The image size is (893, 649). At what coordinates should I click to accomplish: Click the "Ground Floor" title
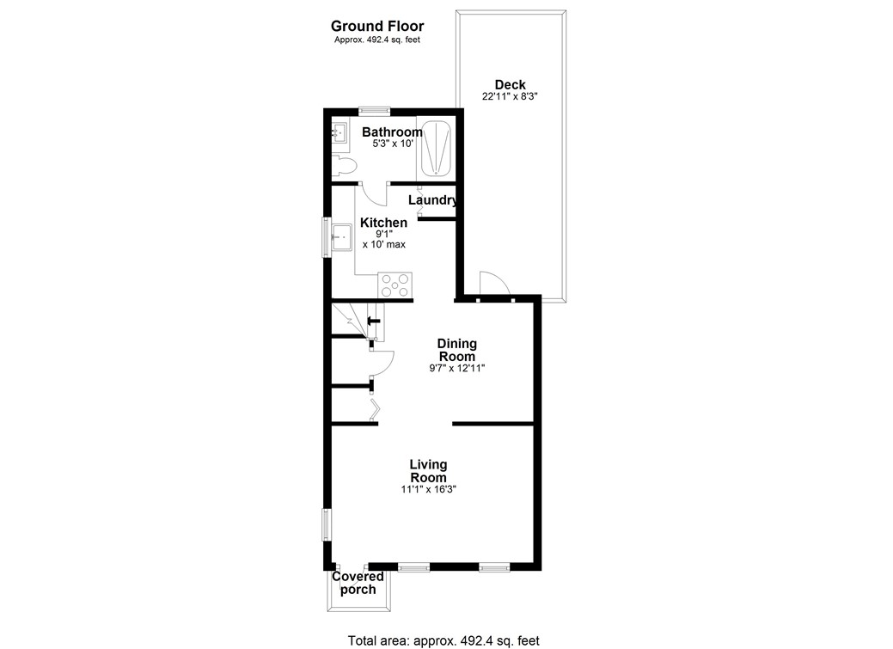[x=376, y=27]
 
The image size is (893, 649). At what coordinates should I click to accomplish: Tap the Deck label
[x=510, y=84]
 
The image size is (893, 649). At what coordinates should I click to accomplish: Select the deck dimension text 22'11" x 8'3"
[x=510, y=97]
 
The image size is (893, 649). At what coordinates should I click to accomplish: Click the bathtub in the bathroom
[x=437, y=148]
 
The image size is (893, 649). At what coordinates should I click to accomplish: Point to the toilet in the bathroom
[x=344, y=163]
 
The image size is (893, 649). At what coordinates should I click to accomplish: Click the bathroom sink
[x=339, y=133]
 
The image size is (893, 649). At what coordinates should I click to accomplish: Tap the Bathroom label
[x=391, y=132]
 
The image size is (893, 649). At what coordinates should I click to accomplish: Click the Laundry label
[x=431, y=200]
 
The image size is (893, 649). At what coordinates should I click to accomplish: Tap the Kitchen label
[x=383, y=223]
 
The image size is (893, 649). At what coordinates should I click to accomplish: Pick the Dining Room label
[x=457, y=350]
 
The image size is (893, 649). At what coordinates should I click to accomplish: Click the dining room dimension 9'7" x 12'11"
[x=457, y=369]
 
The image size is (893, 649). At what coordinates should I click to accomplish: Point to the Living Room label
[x=428, y=471]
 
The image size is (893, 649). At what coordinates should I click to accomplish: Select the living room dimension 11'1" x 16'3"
[x=428, y=490]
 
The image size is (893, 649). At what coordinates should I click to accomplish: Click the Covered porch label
[x=358, y=583]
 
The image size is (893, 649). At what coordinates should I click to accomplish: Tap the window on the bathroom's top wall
[x=374, y=110]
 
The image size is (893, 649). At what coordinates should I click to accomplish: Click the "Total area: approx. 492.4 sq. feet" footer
[x=443, y=640]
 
